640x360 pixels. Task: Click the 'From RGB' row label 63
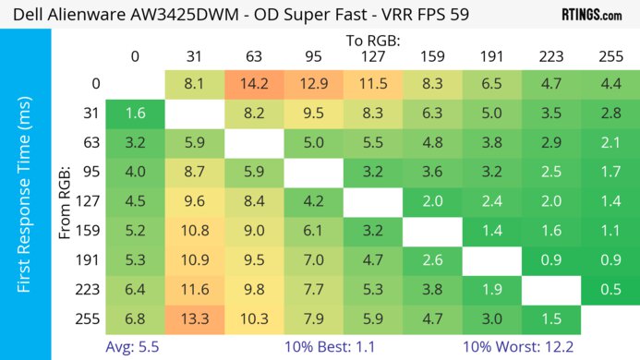click(88, 143)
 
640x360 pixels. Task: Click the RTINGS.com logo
click(590, 15)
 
